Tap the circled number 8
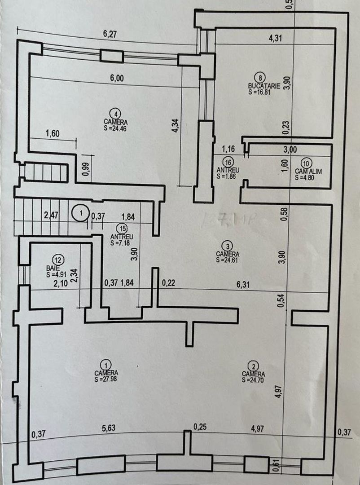pyautogui.click(x=258, y=77)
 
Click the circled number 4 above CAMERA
pyautogui.click(x=115, y=113)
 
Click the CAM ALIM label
pyautogui.click(x=308, y=171)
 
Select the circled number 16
pyautogui.click(x=228, y=162)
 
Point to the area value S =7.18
pyautogui.click(x=120, y=242)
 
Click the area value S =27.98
pyautogui.click(x=106, y=379)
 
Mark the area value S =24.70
pyautogui.click(x=253, y=380)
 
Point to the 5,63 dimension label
pyautogui.click(x=108, y=428)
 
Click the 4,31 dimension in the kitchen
pyautogui.click(x=275, y=38)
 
